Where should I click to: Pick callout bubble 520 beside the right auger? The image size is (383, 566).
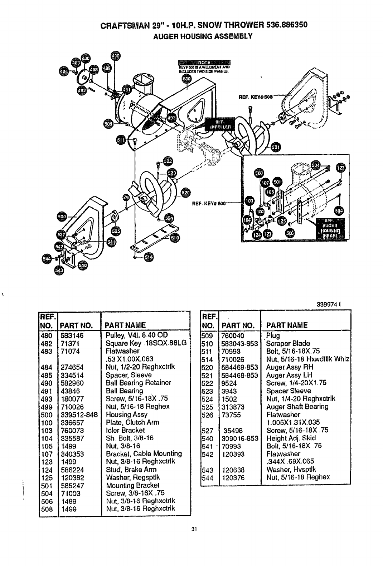[x=185, y=192]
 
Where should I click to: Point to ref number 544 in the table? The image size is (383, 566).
[x=207, y=477]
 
